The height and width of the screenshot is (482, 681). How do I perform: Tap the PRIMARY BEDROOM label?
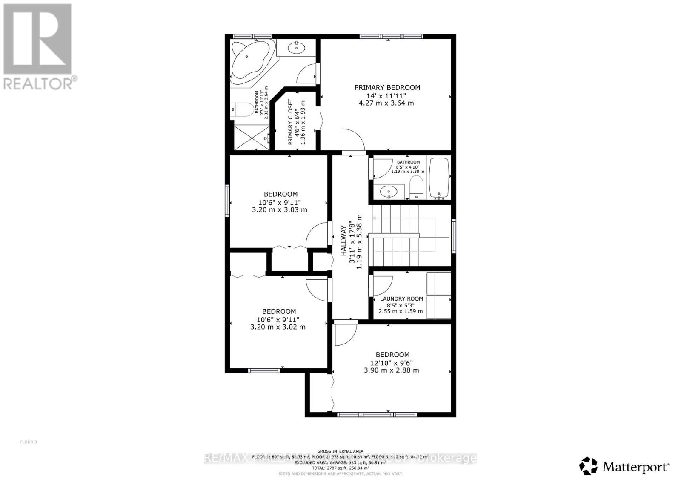[387, 87]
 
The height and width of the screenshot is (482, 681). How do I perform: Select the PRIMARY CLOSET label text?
[291, 122]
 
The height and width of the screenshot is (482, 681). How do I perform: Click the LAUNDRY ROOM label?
[401, 299]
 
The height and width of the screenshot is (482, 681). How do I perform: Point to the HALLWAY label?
[343, 241]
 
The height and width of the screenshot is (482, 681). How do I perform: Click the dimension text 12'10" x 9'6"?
[391, 363]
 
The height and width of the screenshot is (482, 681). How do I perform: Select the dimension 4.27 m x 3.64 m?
[386, 103]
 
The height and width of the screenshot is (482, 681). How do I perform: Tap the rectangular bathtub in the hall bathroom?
[439, 178]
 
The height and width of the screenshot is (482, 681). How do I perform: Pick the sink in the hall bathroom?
[389, 192]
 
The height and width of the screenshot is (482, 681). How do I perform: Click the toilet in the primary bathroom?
[240, 110]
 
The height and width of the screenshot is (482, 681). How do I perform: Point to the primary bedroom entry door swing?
[353, 139]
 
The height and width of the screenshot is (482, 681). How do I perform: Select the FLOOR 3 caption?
[29, 442]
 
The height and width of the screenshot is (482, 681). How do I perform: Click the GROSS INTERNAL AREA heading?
[340, 451]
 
